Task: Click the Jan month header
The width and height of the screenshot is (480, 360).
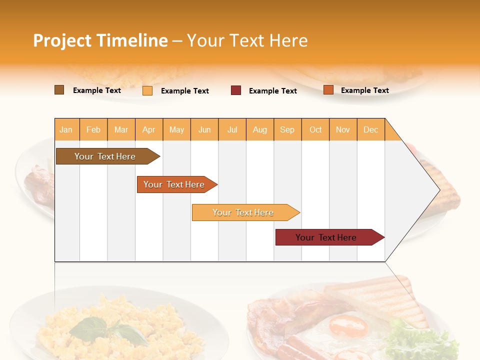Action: (x=66, y=129)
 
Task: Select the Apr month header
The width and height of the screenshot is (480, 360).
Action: (x=149, y=129)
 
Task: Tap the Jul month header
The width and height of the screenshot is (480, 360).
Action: (x=232, y=129)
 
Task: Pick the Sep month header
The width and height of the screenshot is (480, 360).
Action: (x=287, y=129)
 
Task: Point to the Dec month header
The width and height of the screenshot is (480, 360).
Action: (x=370, y=129)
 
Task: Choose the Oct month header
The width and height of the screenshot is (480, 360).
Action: (x=315, y=129)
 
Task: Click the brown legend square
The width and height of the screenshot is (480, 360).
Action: (x=59, y=90)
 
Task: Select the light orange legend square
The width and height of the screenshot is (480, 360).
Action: (x=147, y=90)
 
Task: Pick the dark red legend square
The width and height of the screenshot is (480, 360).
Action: (x=236, y=90)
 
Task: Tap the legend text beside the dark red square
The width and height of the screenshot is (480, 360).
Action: (x=272, y=91)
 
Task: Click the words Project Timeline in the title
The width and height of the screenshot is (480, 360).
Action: (x=100, y=40)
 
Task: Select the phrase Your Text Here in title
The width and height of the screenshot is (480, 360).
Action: (x=247, y=40)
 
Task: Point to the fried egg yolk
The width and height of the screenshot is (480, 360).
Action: (x=348, y=326)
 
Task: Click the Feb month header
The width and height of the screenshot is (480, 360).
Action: (x=93, y=129)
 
